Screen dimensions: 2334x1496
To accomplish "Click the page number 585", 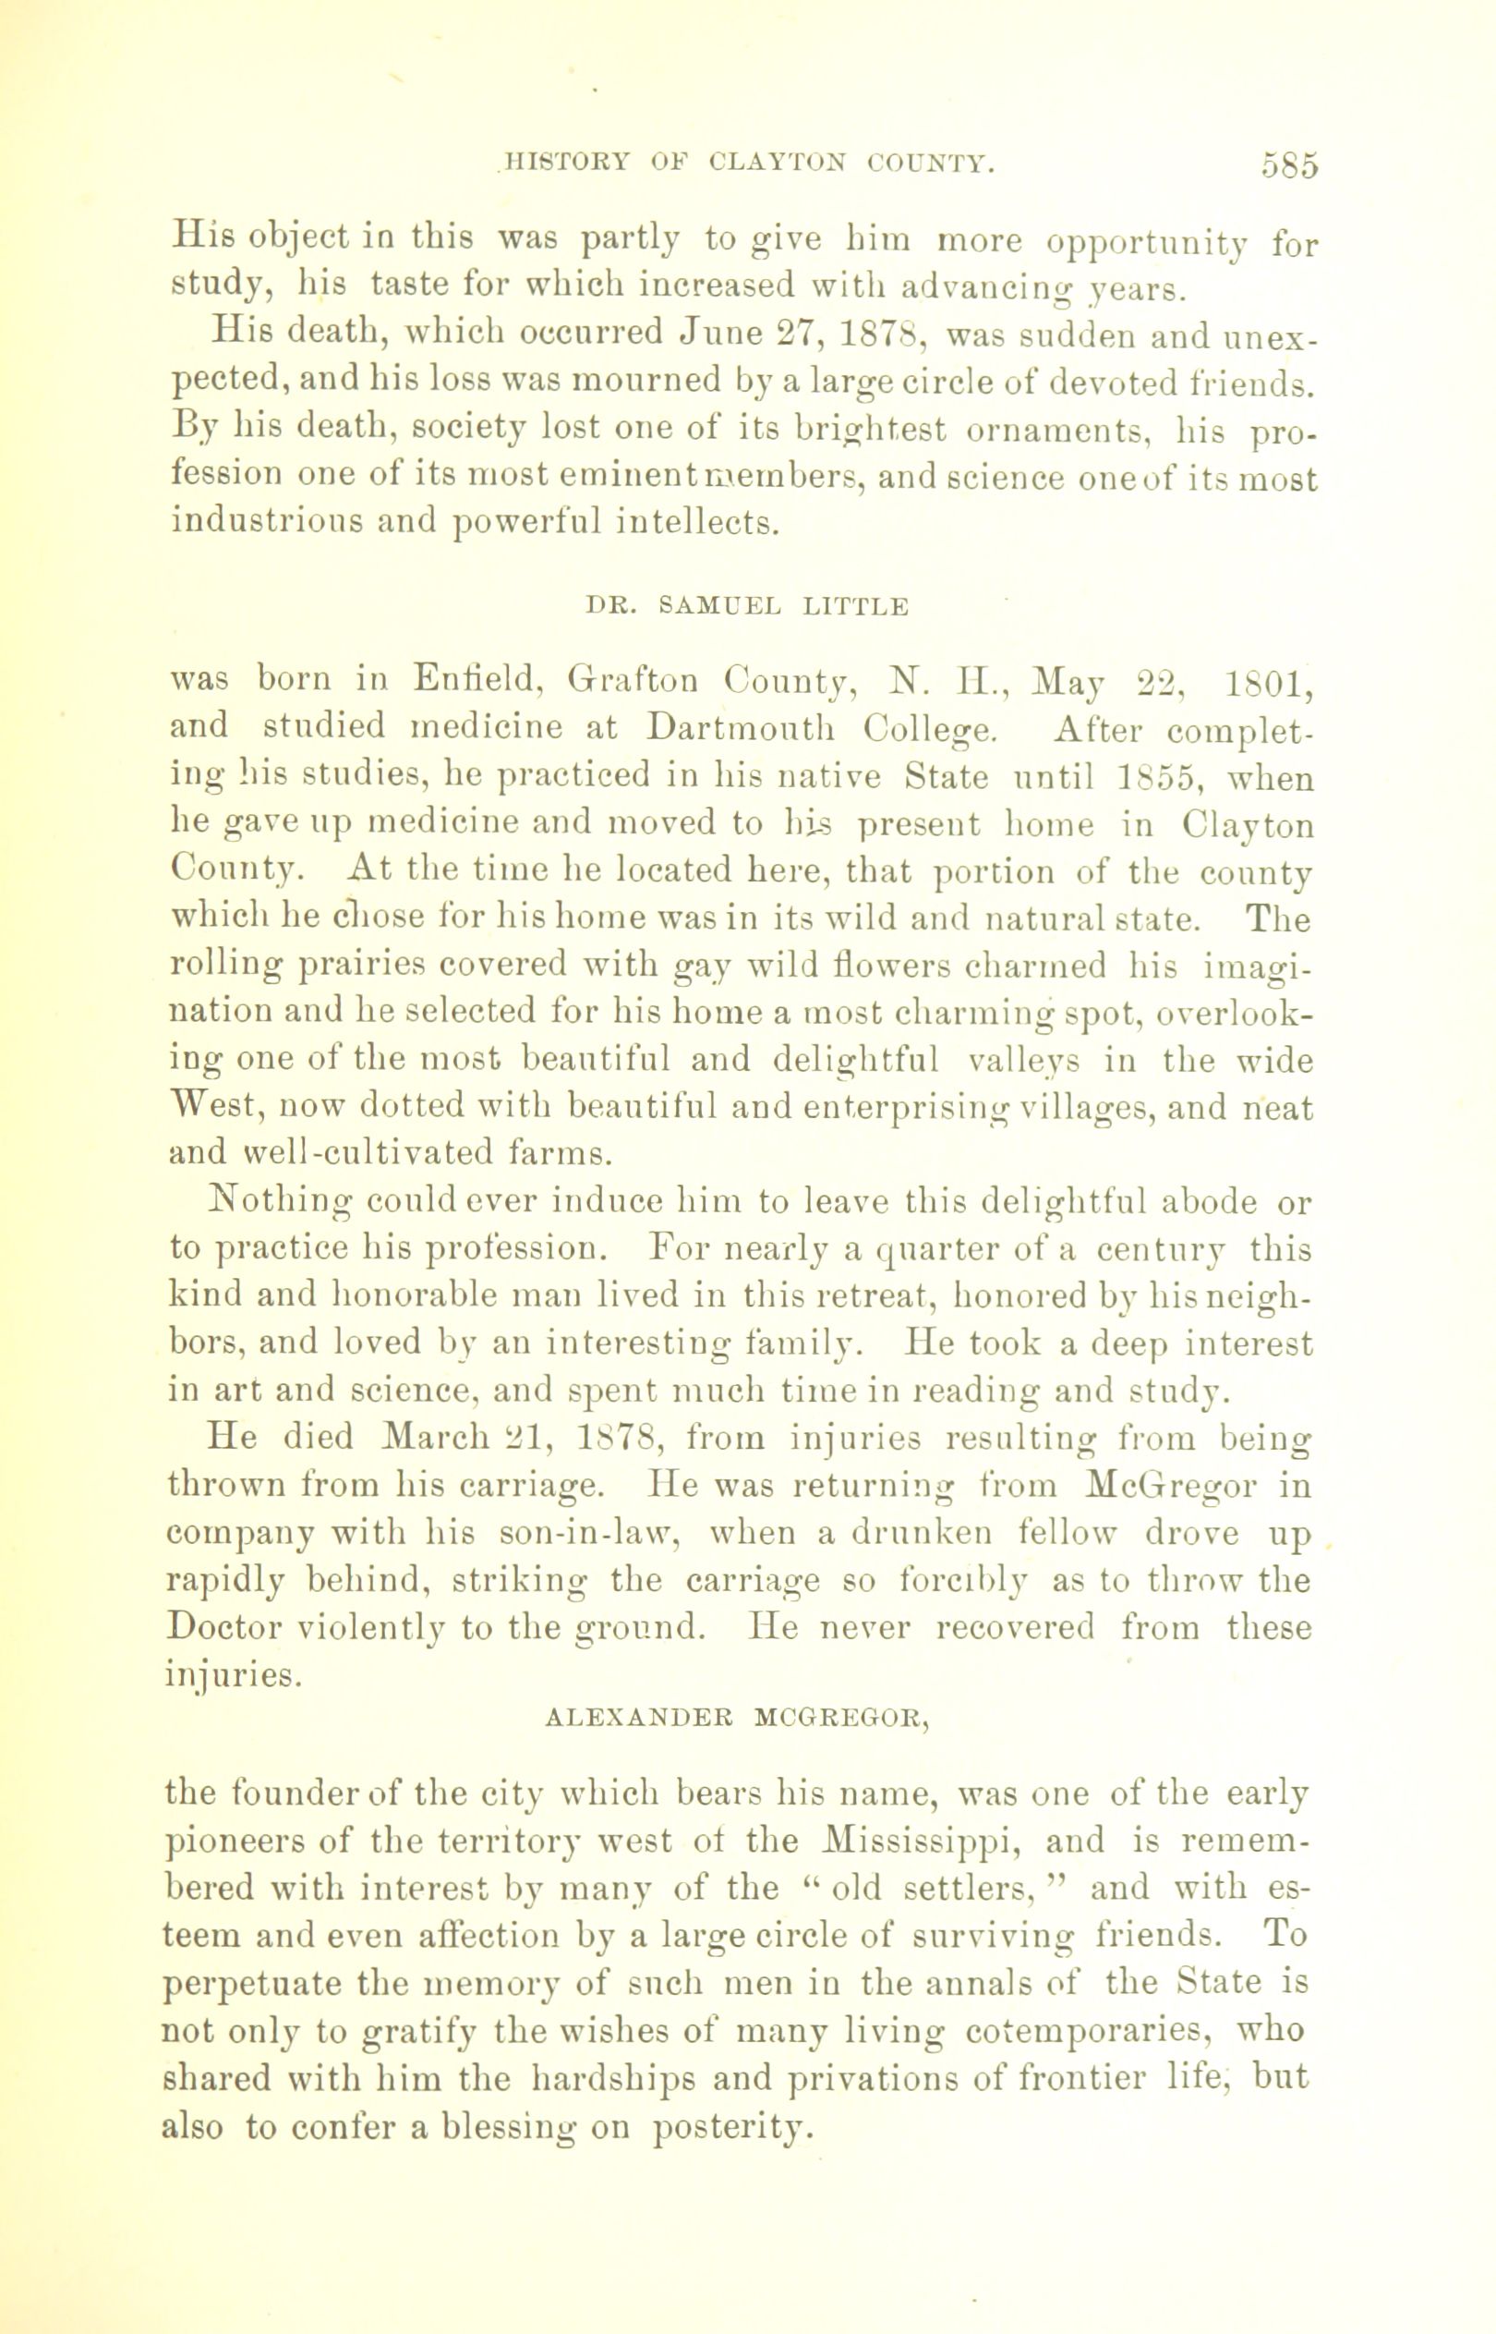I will tap(1291, 165).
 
